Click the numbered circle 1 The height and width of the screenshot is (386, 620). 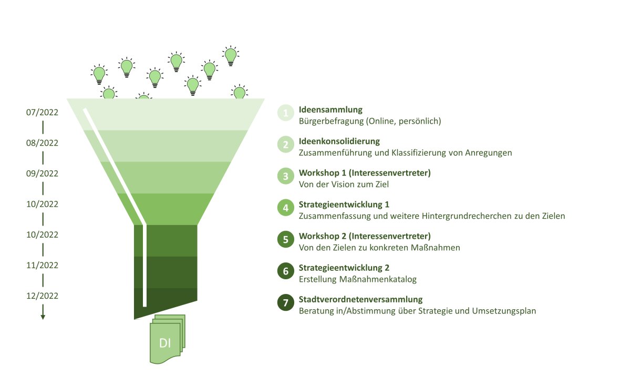pyautogui.click(x=285, y=113)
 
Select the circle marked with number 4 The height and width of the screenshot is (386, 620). pyautogui.click(x=285, y=208)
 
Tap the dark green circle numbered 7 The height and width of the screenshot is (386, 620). pyautogui.click(x=285, y=303)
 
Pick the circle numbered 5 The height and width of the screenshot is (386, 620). pyautogui.click(x=285, y=239)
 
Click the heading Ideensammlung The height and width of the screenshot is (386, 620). pyautogui.click(x=330, y=110)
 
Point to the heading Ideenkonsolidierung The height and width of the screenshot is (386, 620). pyautogui.click(x=339, y=141)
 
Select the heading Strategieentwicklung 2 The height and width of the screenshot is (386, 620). pyautogui.click(x=344, y=268)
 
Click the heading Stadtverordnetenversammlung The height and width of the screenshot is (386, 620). pyautogui.click(x=360, y=300)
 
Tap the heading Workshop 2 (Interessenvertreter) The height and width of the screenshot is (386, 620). pyautogui.click(x=365, y=236)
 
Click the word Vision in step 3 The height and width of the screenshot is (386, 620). pyautogui.click(x=353, y=185)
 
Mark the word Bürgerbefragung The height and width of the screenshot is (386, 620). pyautogui.click(x=331, y=121)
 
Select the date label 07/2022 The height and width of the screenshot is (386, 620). pyautogui.click(x=43, y=113)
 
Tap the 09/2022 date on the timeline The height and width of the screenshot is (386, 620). pyautogui.click(x=43, y=174)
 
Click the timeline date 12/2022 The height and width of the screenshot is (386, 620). pyautogui.click(x=43, y=296)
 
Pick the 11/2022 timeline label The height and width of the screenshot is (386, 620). pyautogui.click(x=43, y=265)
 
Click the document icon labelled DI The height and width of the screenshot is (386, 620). pyautogui.click(x=167, y=339)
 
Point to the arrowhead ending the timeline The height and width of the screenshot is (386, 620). pyautogui.click(x=43, y=317)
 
